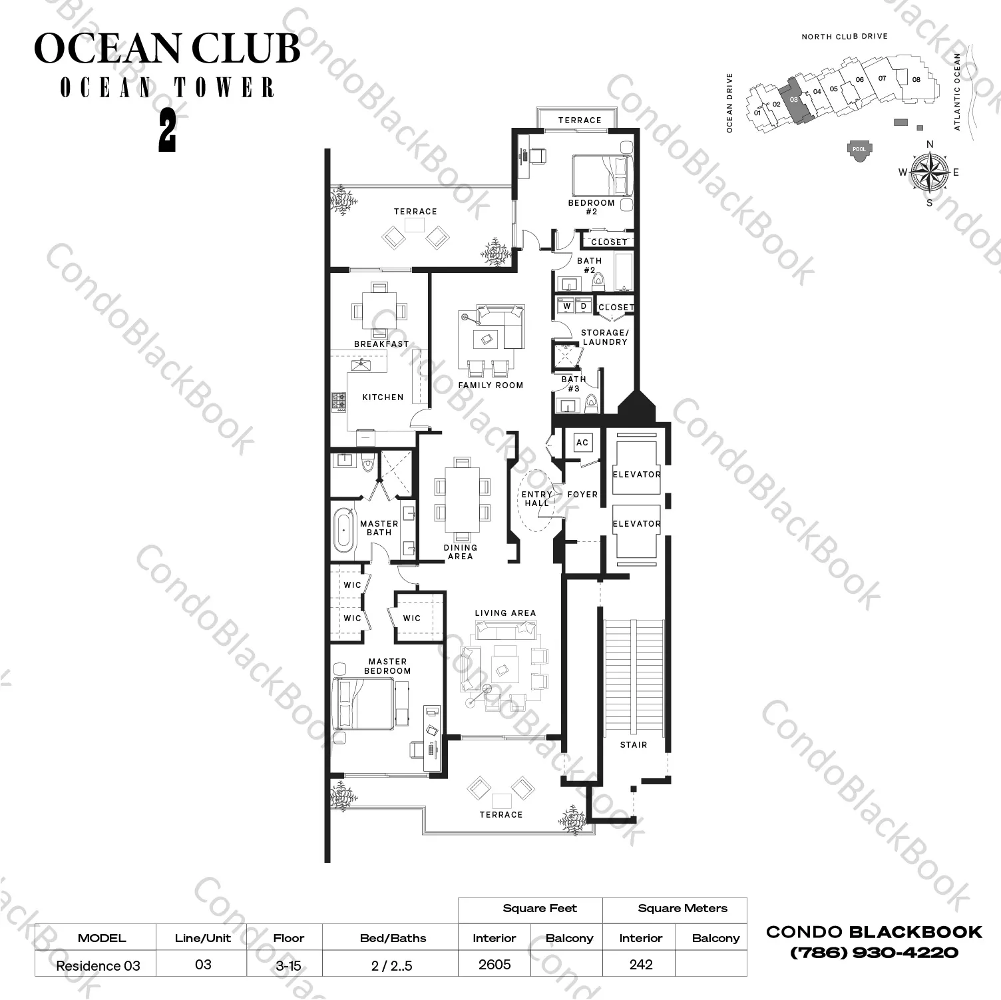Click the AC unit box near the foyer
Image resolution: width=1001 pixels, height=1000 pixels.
582,443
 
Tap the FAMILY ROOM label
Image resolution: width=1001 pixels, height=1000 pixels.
491,385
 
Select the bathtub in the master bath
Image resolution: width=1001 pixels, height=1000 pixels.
343,530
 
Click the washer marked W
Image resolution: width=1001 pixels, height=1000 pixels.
566,306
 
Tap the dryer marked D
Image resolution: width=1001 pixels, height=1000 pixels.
584,306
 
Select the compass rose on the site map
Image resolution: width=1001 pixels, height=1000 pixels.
930,172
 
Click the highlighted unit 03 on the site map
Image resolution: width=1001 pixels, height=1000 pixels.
795,101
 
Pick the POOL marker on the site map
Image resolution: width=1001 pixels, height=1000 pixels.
859,148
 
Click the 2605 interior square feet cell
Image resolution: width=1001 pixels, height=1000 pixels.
495,965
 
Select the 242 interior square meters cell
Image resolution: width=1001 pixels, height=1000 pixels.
640,965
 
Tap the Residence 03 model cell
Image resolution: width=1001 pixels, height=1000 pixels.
98,966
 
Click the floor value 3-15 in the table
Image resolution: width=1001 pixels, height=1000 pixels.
288,965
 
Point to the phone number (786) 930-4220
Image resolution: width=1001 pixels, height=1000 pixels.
874,953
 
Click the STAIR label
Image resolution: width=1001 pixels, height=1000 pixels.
633,745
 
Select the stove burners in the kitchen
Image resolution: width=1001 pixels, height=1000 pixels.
339,401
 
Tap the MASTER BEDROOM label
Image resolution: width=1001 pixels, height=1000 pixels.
387,666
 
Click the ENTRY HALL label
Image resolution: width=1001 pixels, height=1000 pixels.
536,499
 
